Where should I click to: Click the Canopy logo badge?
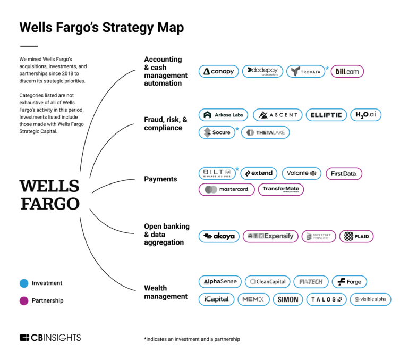(218, 71)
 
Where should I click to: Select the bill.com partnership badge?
(347, 71)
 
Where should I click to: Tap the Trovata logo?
(305, 71)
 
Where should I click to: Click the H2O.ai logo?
(366, 115)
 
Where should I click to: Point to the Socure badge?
(217, 132)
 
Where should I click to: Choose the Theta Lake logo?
(265, 132)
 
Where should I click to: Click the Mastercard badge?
(227, 189)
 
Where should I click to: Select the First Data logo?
(344, 173)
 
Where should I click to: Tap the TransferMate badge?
(281, 189)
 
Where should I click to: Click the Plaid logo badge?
(356, 237)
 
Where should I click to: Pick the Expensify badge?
(270, 237)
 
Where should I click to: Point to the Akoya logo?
(219, 237)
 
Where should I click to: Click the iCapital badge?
(216, 299)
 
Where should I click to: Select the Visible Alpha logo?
(370, 299)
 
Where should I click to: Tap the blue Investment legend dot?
(24, 283)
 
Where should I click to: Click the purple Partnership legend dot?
(24, 300)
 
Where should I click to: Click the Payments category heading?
(160, 179)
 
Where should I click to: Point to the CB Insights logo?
(50, 338)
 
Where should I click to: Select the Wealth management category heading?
(166, 292)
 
